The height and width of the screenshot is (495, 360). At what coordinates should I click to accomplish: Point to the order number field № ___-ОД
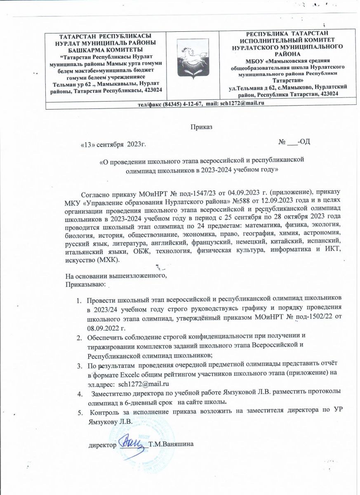tap(294, 142)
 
